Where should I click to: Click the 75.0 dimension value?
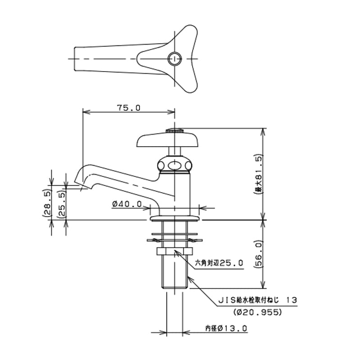[x=129, y=108]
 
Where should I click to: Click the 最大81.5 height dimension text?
[x=258, y=174]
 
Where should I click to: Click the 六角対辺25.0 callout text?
[x=219, y=263]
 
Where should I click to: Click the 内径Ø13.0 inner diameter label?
[x=226, y=328]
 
